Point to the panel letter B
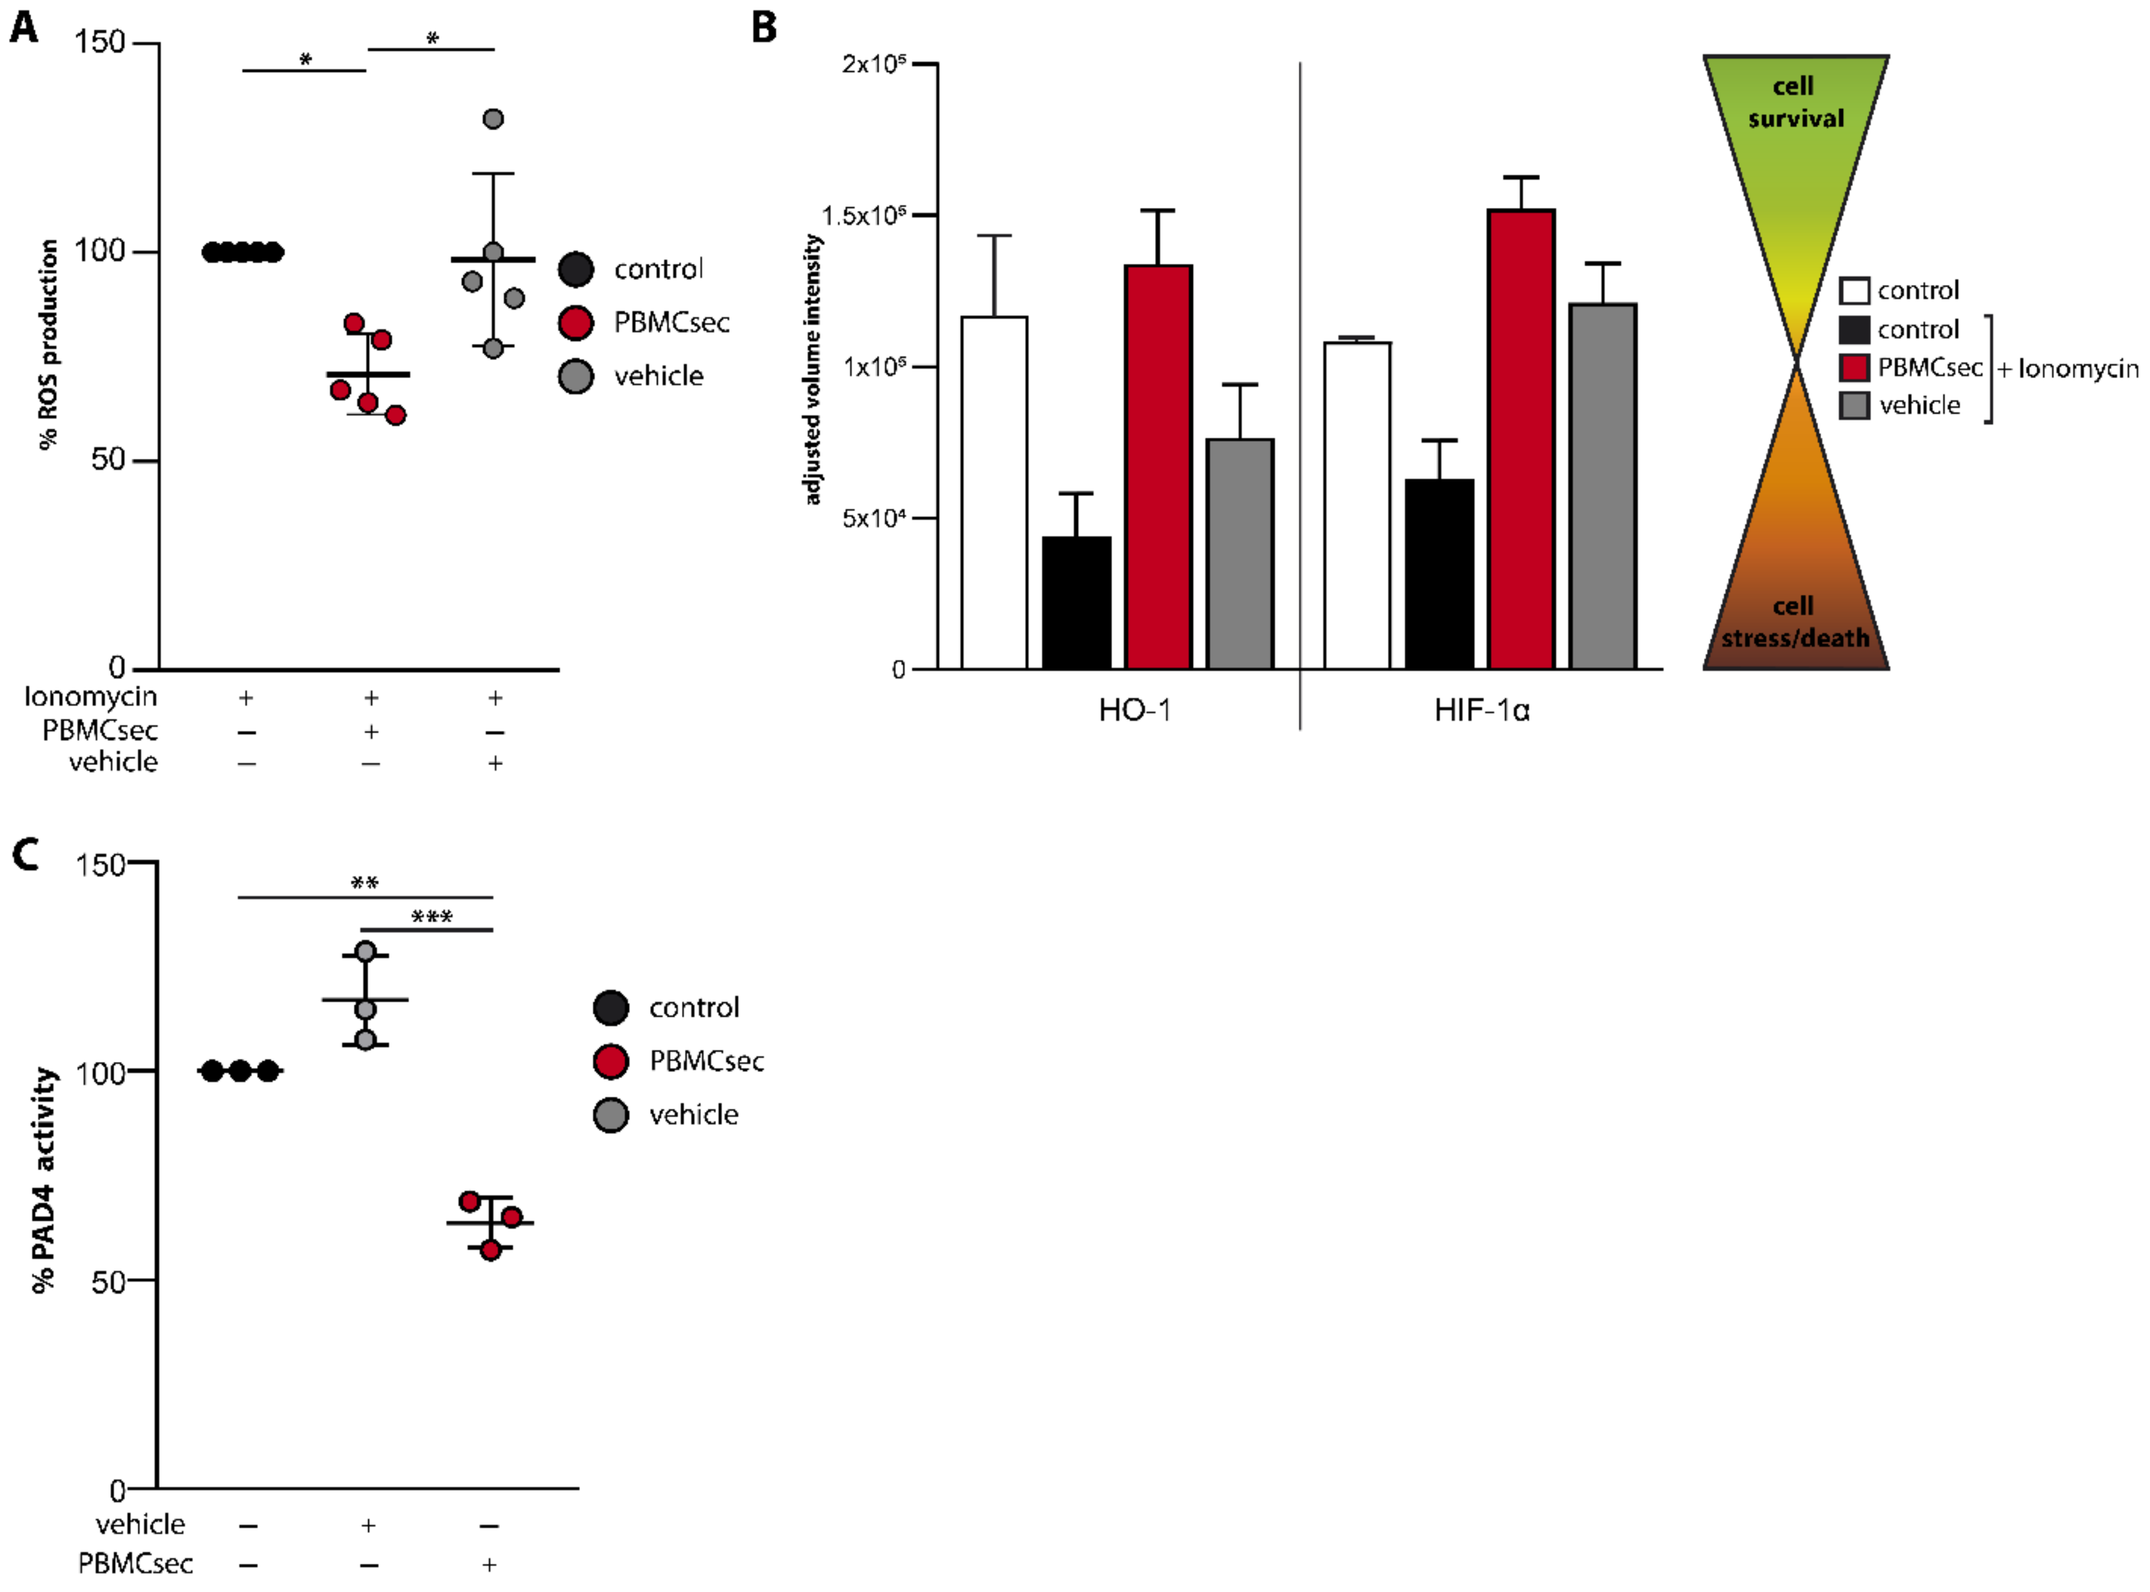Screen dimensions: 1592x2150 (764, 27)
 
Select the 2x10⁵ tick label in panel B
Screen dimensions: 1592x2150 (873, 65)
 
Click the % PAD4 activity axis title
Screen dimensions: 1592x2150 (44, 1180)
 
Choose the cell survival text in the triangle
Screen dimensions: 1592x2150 (1794, 102)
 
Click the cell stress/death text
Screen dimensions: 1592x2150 (1794, 621)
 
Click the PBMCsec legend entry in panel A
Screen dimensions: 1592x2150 (671, 323)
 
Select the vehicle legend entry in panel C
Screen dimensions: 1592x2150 (693, 1115)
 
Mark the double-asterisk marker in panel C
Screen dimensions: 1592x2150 (364, 882)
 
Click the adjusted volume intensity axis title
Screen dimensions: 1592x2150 (813, 369)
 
